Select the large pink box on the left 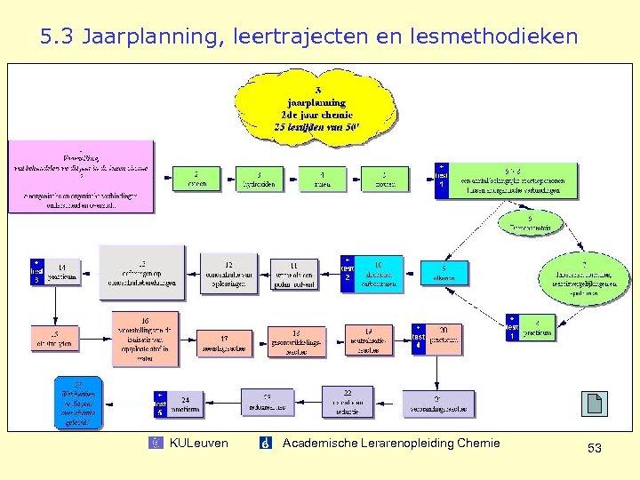[x=81, y=176]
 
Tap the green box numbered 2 [x=196, y=180]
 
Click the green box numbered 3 [x=259, y=180]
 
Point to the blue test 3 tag [x=36, y=272]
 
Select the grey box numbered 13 [x=142, y=271]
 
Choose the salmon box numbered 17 [x=224, y=342]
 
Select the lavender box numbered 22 [x=348, y=401]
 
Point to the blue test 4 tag [x=418, y=338]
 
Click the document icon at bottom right [x=595, y=404]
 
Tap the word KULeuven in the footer [x=198, y=444]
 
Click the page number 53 [x=595, y=449]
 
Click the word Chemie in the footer [x=476, y=444]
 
